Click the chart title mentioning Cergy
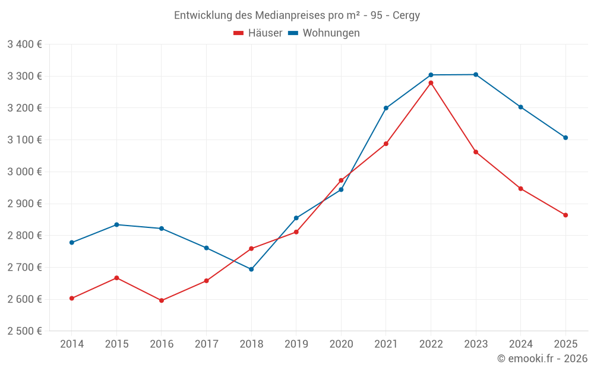click(297, 15)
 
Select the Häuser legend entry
click(258, 33)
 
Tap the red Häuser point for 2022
click(431, 83)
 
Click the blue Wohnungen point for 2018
click(251, 269)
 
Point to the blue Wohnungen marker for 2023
click(476, 75)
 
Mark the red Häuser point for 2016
click(162, 300)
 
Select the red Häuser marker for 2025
click(565, 215)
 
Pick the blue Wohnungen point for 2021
click(386, 108)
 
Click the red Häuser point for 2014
click(72, 299)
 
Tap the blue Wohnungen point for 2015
click(116, 225)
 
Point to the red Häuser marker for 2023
click(476, 152)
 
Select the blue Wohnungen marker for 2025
click(565, 138)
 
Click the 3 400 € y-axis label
click(24, 44)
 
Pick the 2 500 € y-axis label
click(24, 331)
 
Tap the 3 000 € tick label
click(24, 172)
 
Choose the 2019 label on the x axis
click(296, 344)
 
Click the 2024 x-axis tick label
click(521, 344)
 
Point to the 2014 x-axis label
click(72, 344)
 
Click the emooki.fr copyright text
click(542, 359)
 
